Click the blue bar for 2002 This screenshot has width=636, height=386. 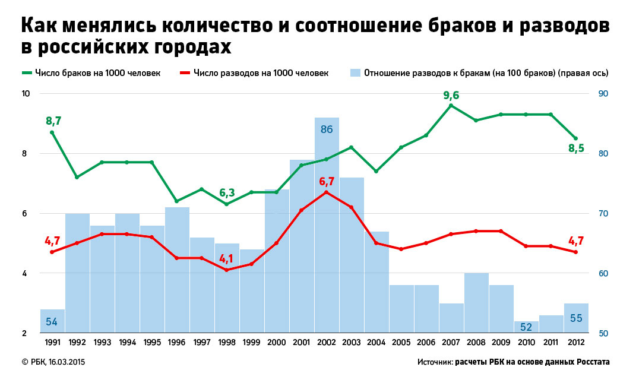[x=327, y=226]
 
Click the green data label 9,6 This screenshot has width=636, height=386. [x=451, y=95]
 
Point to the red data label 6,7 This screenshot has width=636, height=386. [x=327, y=181]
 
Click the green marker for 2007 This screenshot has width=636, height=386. [x=451, y=106]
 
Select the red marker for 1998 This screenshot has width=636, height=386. [x=227, y=270]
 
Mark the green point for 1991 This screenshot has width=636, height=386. [x=52, y=132]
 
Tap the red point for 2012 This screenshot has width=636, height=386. [x=576, y=252]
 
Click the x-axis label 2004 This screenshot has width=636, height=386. [x=376, y=342]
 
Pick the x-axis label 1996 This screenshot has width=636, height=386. [x=177, y=342]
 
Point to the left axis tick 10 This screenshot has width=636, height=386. [x=26, y=94]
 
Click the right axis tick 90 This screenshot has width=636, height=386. [x=603, y=94]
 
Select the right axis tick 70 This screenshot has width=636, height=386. [x=603, y=214]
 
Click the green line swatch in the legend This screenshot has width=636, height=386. [x=27, y=73]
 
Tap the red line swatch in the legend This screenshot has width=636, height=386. [x=185, y=73]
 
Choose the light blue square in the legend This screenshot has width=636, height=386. [x=355, y=73]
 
